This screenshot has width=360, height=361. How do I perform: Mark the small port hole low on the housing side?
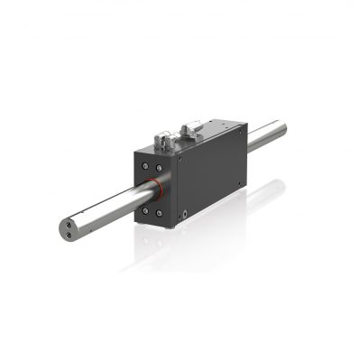pyautogui.click(x=184, y=216)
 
